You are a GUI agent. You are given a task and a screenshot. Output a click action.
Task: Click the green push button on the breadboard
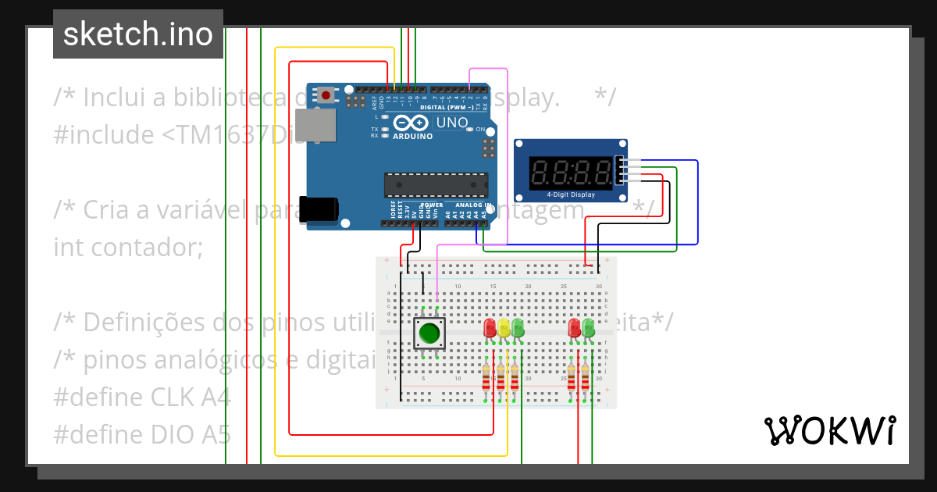(429, 333)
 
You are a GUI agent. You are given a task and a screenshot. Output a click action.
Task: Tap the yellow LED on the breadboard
(504, 328)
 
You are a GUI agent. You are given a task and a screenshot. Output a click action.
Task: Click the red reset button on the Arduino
(325, 95)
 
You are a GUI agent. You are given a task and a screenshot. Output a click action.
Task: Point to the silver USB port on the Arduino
(315, 125)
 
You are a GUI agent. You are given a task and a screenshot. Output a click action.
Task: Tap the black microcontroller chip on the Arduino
(436, 185)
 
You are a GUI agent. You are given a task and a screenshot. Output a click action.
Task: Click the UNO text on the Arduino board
(451, 123)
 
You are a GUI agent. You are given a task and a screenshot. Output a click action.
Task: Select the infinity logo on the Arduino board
(411, 123)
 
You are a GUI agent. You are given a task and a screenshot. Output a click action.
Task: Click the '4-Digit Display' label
(570, 194)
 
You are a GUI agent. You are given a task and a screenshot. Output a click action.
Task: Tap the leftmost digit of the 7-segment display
(540, 172)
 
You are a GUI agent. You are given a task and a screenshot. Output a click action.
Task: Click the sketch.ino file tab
(138, 34)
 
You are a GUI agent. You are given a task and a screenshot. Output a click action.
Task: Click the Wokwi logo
(829, 430)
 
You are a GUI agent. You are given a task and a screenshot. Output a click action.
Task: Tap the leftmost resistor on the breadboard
(486, 379)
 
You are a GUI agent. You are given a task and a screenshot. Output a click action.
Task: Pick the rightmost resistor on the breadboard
(585, 379)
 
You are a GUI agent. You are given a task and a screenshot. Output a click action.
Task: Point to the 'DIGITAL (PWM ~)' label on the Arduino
(443, 108)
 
